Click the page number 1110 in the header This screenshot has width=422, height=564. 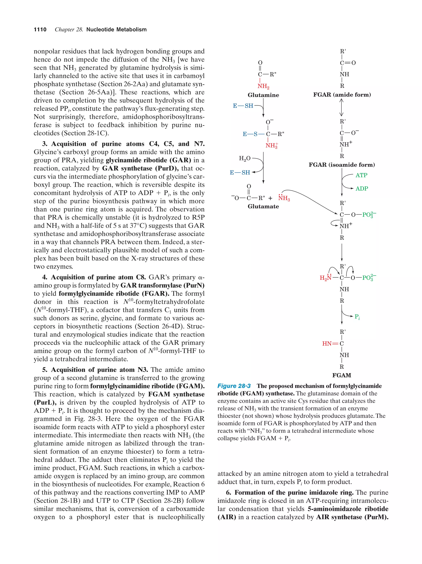[x=40, y=30]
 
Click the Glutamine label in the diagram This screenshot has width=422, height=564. [x=263, y=95]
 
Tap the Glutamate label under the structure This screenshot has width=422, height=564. [x=263, y=206]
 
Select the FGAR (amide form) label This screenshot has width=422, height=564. [x=342, y=95]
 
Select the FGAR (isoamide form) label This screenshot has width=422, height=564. [x=342, y=165]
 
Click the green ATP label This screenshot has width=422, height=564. [x=361, y=175]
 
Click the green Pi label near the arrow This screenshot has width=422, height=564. [x=357, y=317]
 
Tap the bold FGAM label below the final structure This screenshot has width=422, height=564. [x=342, y=375]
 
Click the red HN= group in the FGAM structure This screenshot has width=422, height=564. [x=329, y=344]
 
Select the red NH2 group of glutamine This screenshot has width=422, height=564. [x=263, y=86]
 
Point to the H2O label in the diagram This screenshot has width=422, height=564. [x=244, y=159]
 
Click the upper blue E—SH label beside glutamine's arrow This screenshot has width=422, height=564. [x=243, y=106]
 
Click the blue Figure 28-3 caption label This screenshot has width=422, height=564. [x=234, y=386]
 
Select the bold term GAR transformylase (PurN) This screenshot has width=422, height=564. [x=162, y=285]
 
